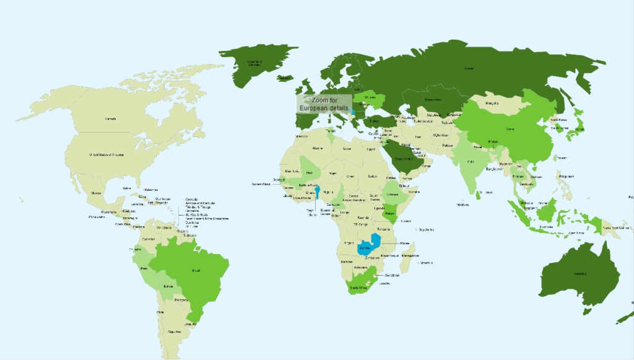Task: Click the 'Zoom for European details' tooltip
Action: (x=324, y=103)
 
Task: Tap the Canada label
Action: (x=110, y=119)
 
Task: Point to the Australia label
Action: (x=580, y=273)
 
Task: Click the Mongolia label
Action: (x=492, y=103)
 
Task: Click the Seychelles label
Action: (x=427, y=230)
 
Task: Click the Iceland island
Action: (x=285, y=77)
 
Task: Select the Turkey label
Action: (x=373, y=121)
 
